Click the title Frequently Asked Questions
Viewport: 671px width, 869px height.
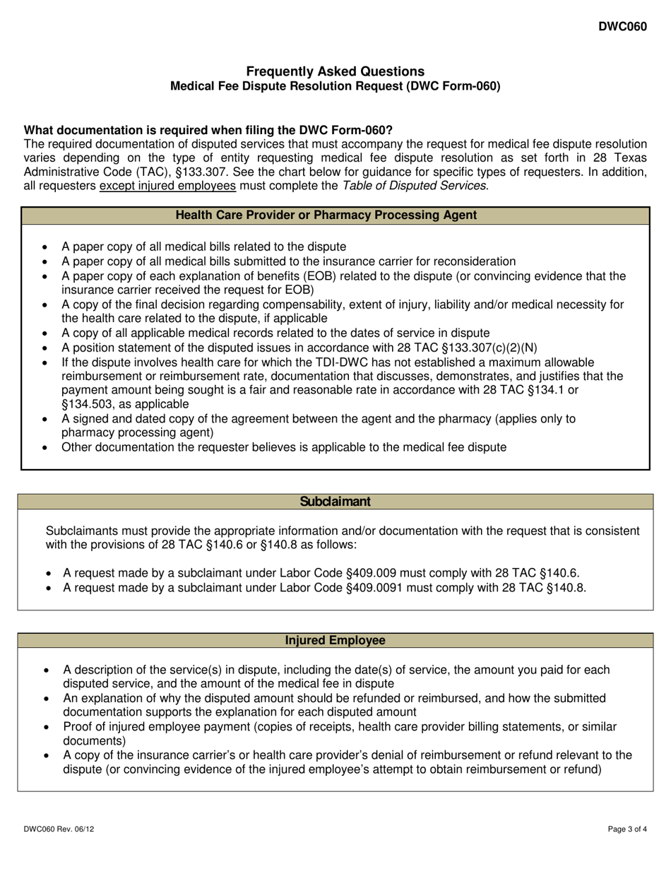pyautogui.click(x=335, y=71)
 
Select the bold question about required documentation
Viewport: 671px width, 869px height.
pyautogui.click(x=208, y=130)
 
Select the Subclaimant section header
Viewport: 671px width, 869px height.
pyautogui.click(x=335, y=502)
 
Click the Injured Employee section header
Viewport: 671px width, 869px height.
pyautogui.click(x=335, y=641)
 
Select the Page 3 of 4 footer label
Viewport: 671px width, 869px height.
pyautogui.click(x=627, y=831)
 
